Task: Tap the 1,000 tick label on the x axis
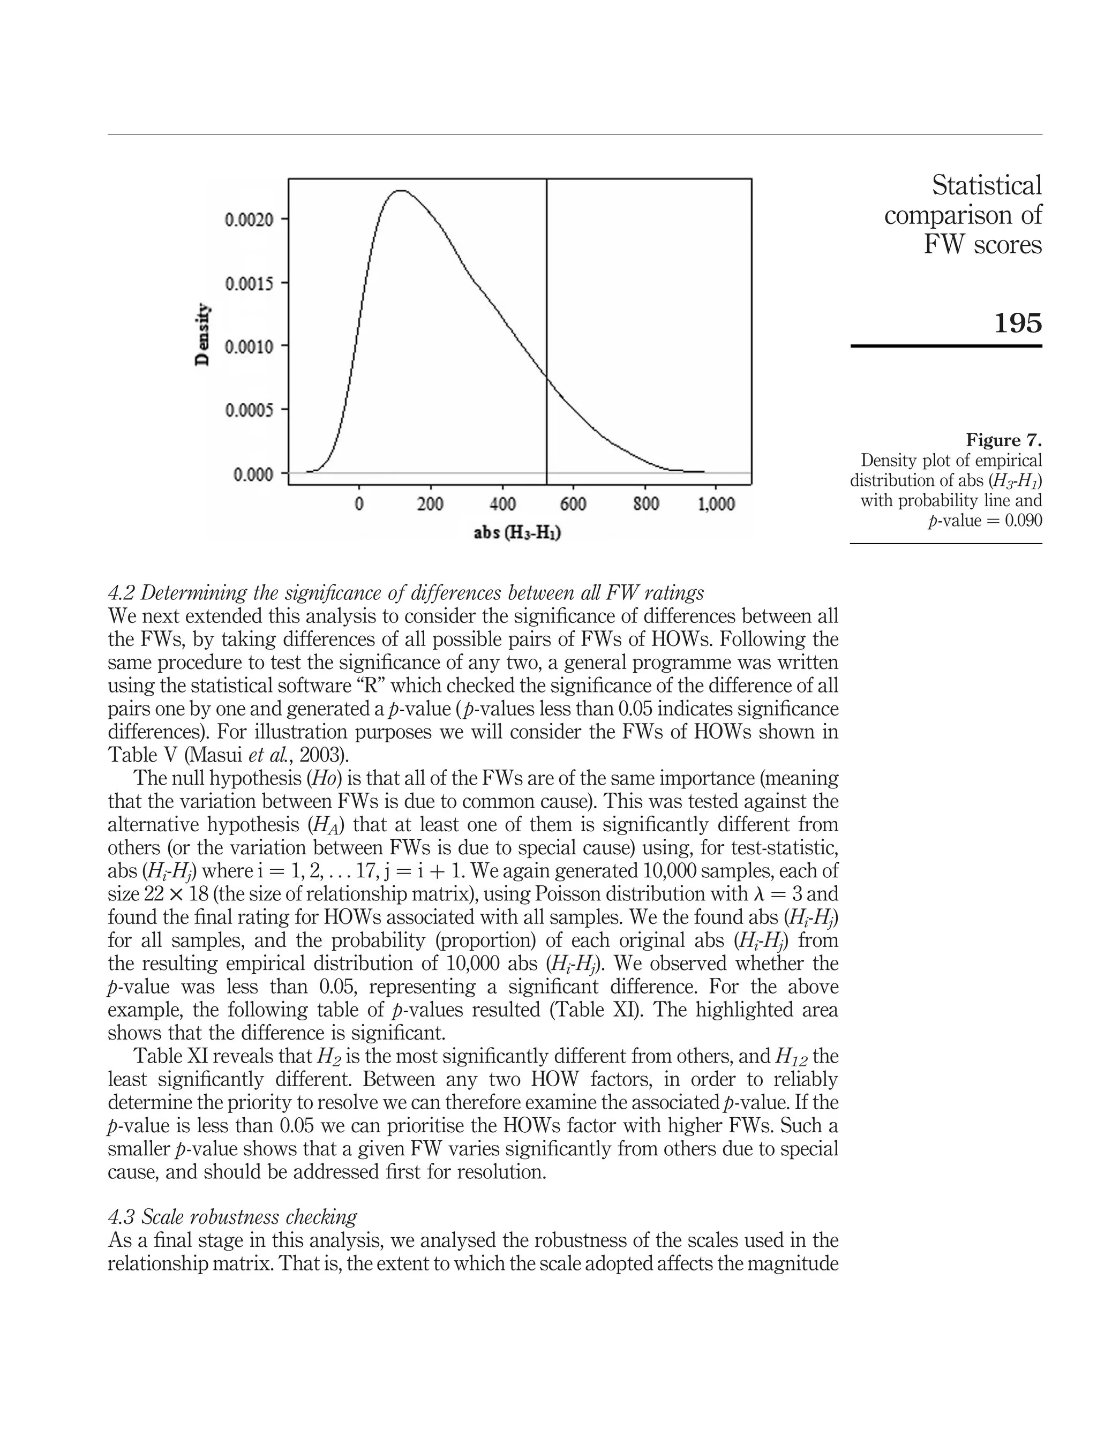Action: [x=716, y=505]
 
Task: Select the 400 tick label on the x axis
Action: [x=502, y=505]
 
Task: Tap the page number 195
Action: [x=1017, y=322]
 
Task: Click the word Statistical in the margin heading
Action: [x=987, y=185]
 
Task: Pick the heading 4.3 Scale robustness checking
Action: [x=232, y=1217]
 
